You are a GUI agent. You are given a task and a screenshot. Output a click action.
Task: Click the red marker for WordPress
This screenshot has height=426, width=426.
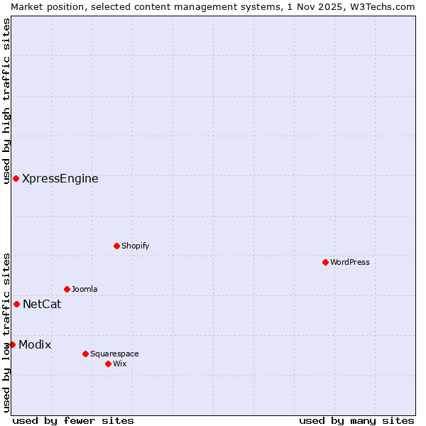[325, 262]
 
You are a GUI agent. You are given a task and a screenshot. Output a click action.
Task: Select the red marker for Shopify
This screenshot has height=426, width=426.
[116, 246]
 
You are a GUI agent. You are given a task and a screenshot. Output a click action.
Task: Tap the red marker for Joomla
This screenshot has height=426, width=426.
[67, 289]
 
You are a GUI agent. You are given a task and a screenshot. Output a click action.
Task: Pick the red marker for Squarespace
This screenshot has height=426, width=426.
[85, 354]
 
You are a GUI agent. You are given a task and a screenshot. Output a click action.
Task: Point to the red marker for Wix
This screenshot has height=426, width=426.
[108, 364]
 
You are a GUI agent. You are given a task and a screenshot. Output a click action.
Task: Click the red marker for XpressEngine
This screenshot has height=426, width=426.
[16, 178]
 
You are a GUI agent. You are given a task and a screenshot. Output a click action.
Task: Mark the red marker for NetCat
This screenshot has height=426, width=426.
[16, 304]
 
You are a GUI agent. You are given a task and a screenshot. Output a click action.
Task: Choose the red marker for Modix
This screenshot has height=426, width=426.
[12, 344]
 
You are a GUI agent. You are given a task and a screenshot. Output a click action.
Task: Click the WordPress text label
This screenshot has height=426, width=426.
[350, 262]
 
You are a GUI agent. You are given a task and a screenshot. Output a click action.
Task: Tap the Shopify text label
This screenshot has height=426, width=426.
[135, 246]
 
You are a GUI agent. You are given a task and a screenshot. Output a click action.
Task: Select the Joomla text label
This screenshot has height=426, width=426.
[84, 289]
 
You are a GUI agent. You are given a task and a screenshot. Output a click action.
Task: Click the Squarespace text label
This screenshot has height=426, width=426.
[114, 354]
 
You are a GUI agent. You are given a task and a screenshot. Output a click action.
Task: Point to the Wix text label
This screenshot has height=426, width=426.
[119, 364]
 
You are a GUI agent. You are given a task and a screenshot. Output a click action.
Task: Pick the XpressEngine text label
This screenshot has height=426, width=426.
[60, 178]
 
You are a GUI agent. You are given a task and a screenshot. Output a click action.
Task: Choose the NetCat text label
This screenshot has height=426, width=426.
[42, 304]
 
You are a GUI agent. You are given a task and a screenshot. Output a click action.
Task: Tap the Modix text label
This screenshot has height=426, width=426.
[35, 344]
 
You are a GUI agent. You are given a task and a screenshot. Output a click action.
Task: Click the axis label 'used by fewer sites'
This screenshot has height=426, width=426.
[73, 420]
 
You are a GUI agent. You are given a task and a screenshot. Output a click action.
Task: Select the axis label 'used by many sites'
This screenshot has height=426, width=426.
[356, 420]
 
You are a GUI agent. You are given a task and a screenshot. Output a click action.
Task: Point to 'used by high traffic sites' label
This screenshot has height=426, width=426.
[6, 101]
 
